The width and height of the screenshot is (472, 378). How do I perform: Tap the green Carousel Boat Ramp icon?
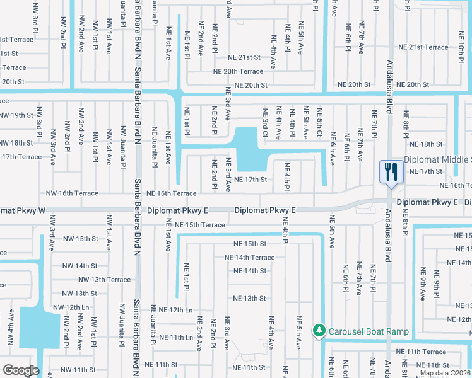pos(320,331)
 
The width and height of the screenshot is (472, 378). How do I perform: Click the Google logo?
pos(21,370)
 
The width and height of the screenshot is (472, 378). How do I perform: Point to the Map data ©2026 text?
pos(445,373)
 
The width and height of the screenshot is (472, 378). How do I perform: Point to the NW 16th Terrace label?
pos(72,193)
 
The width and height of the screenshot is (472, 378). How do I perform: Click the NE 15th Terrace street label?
pos(199,225)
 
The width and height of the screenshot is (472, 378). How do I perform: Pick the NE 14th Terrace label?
pos(250,258)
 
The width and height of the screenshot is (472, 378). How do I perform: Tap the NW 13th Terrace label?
pos(105,280)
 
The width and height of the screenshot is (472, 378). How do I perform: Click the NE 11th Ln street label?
pos(176,338)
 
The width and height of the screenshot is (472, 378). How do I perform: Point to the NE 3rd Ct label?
pos(266,121)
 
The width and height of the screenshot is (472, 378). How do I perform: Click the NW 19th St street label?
pos(16,115)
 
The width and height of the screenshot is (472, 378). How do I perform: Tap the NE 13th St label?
pos(249,299)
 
